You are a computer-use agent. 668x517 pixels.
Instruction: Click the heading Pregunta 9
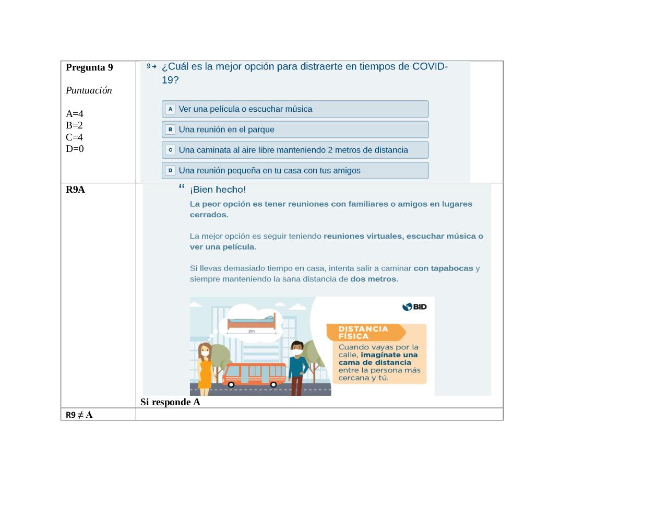click(x=89, y=67)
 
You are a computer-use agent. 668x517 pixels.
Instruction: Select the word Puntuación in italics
click(x=89, y=90)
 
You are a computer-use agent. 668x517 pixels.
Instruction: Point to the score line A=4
click(x=75, y=114)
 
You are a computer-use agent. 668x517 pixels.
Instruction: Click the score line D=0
click(x=75, y=149)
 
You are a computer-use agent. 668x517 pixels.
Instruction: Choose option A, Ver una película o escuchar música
click(x=295, y=109)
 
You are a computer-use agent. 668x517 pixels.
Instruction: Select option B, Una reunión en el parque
click(x=295, y=130)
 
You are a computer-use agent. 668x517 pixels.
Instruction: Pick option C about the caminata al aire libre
click(x=295, y=150)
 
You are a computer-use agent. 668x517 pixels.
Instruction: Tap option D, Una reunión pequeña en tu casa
click(x=295, y=170)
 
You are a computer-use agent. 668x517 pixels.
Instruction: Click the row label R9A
click(x=75, y=190)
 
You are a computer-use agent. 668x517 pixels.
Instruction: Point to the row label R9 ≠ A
click(x=79, y=415)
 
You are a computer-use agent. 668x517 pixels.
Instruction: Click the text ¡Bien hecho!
click(x=218, y=190)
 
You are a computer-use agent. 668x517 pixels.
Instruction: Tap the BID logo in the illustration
click(x=414, y=307)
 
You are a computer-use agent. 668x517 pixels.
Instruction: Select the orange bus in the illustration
click(x=254, y=374)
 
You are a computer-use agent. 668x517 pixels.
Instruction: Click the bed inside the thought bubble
click(x=252, y=321)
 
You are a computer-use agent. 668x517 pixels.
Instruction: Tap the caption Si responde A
click(x=170, y=402)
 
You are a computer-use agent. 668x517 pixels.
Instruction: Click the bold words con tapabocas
click(x=443, y=268)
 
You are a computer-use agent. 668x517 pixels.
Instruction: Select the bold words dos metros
click(x=374, y=279)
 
